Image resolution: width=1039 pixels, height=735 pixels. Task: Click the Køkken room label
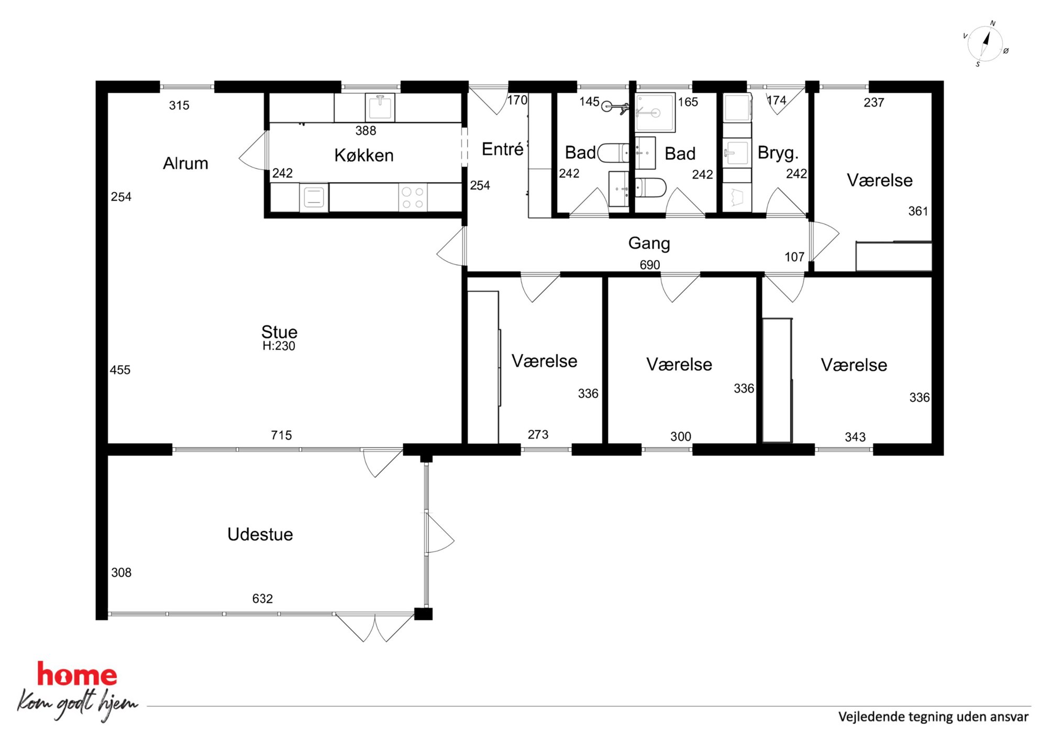click(364, 155)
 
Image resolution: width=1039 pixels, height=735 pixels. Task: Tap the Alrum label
click(185, 163)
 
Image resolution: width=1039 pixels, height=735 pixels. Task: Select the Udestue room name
click(260, 534)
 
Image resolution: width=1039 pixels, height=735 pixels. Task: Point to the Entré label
click(503, 149)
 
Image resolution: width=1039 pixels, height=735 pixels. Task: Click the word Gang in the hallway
click(649, 243)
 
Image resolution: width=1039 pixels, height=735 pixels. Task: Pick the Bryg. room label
click(778, 153)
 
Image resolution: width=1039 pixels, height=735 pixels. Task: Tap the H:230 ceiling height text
click(279, 346)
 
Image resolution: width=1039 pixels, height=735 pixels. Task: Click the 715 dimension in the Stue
click(281, 435)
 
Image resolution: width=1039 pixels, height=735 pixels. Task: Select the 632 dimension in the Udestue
click(262, 598)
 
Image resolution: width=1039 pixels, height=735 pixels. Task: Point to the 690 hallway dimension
click(649, 265)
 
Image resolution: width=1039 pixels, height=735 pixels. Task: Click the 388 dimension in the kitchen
click(366, 130)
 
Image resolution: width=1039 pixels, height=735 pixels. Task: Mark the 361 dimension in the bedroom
click(918, 211)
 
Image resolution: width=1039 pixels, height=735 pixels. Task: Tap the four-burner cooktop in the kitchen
click(413, 198)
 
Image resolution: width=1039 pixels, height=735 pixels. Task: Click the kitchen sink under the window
click(380, 107)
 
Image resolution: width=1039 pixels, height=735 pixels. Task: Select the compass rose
click(985, 45)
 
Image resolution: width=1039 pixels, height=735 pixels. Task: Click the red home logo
click(77, 674)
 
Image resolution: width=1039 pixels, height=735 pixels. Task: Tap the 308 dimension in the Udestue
click(121, 573)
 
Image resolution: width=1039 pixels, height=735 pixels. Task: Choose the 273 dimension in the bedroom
click(538, 434)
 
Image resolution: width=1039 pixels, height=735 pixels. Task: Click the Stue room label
click(279, 332)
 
